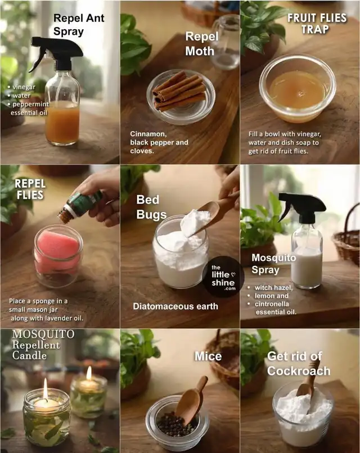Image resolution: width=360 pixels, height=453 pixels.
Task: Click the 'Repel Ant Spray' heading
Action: [x=79, y=25]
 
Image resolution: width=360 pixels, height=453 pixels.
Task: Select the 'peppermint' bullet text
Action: [x=30, y=104]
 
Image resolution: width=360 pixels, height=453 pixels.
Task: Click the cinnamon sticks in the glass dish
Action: [x=180, y=92]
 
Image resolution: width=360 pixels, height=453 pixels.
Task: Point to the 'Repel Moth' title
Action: [x=202, y=44]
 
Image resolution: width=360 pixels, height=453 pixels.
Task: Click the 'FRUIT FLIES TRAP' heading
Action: [x=317, y=24]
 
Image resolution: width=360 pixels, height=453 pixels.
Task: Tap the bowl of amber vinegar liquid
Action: [x=298, y=89]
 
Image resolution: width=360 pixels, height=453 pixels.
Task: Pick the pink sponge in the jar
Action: [x=58, y=252]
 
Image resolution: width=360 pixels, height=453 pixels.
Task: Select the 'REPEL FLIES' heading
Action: [x=30, y=189]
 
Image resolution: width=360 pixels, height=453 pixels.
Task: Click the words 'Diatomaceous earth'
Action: [x=175, y=306]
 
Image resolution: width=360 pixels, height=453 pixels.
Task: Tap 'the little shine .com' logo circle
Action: [x=223, y=277]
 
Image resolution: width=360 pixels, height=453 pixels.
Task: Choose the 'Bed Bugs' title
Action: [x=151, y=207]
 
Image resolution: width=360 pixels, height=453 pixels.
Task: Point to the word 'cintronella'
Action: [x=272, y=304]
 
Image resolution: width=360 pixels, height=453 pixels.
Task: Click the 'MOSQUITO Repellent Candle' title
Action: [x=43, y=345]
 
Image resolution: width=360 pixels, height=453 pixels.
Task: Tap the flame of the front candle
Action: [x=46, y=388]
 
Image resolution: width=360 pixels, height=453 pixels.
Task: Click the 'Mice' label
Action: [x=208, y=356]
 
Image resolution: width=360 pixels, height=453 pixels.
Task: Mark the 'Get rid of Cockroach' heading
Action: [x=299, y=364]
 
